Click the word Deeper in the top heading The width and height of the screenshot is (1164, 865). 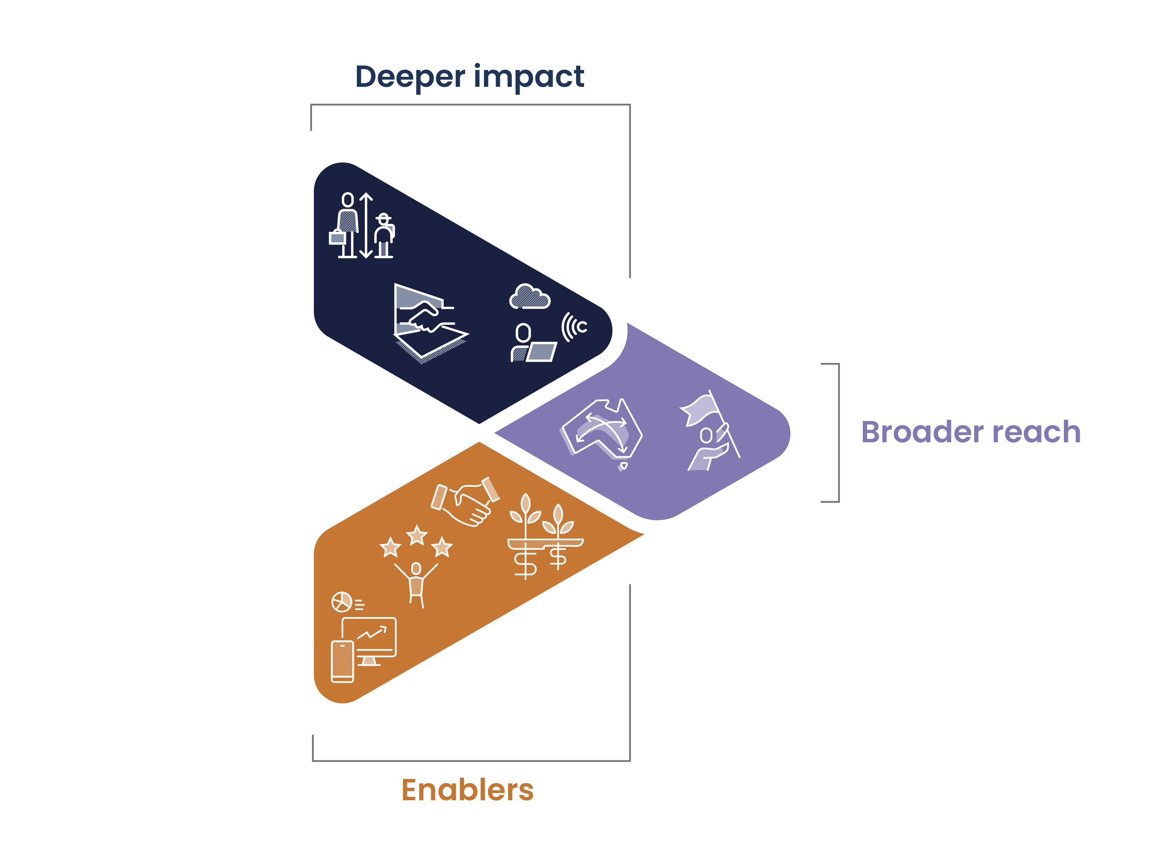[x=410, y=77]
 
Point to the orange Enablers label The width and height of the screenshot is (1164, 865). [x=467, y=790]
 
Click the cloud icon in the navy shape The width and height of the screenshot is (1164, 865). [x=530, y=297]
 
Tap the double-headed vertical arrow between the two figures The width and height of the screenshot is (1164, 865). [x=366, y=225]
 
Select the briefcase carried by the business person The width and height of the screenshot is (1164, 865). [x=337, y=237]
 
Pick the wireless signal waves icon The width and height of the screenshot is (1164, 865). [x=574, y=327]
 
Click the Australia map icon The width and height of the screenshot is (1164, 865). [x=602, y=433]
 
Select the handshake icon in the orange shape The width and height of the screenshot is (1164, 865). [x=465, y=502]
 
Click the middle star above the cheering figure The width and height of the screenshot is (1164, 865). [x=417, y=536]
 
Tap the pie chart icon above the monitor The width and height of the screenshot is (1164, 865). [x=341, y=602]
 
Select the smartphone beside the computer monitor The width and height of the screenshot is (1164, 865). [x=343, y=662]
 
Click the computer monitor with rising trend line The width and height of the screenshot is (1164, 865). [x=369, y=641]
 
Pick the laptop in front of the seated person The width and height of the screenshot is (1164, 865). [x=542, y=352]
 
